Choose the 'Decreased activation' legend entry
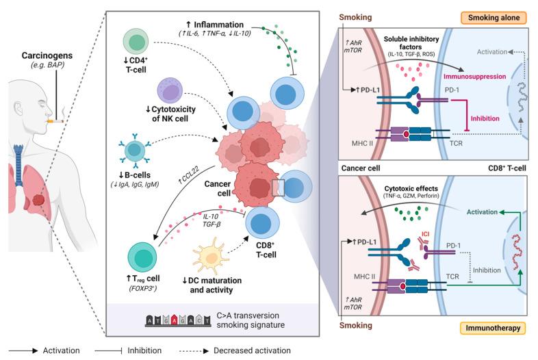[254, 350]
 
